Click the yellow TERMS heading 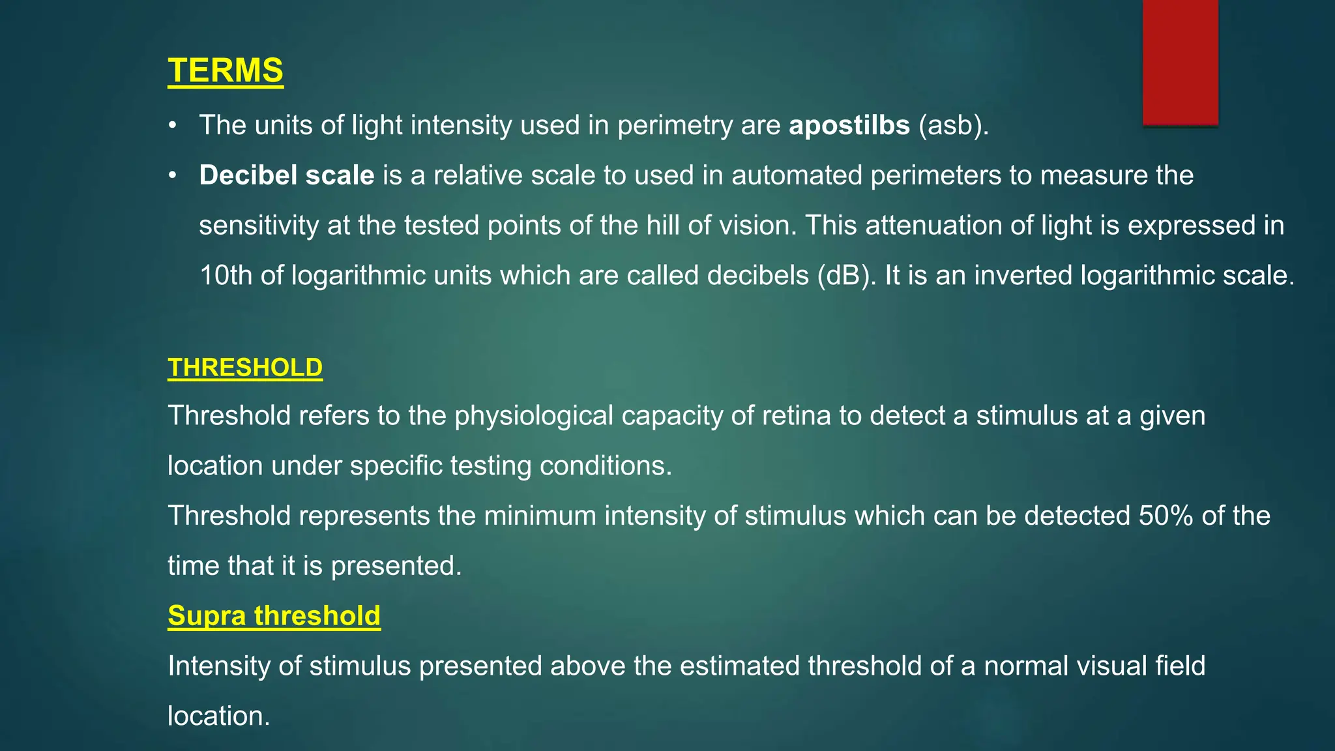tap(226, 70)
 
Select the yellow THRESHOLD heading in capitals tap(245, 368)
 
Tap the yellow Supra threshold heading tap(274, 615)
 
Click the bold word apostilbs tap(849, 125)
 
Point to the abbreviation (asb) tap(954, 125)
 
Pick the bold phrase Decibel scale tap(287, 175)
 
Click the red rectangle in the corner tap(1181, 62)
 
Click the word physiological tap(534, 416)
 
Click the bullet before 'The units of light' tap(172, 125)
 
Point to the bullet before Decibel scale tap(172, 175)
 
